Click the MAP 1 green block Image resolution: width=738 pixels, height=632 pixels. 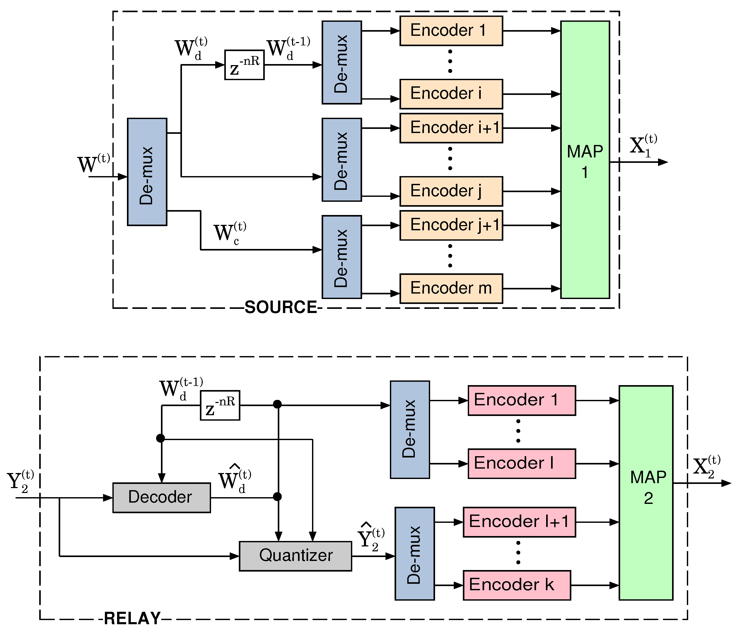click(x=585, y=159)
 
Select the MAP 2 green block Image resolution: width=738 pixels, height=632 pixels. click(x=646, y=493)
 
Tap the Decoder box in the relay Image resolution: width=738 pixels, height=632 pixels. click(x=161, y=497)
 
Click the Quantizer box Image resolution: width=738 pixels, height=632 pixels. click(x=295, y=556)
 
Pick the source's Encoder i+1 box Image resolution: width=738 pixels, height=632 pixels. click(x=451, y=128)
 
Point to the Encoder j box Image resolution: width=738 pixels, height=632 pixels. click(x=451, y=191)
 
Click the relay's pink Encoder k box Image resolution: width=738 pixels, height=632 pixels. click(x=517, y=585)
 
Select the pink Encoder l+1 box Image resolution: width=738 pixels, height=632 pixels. click(x=519, y=522)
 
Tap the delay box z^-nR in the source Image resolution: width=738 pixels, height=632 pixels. click(x=244, y=65)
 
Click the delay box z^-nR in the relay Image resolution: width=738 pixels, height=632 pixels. click(x=220, y=405)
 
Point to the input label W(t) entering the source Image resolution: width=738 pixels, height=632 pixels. click(x=93, y=164)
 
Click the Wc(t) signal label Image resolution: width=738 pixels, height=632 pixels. click(x=229, y=233)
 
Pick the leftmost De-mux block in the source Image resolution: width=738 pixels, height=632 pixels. click(x=147, y=172)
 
